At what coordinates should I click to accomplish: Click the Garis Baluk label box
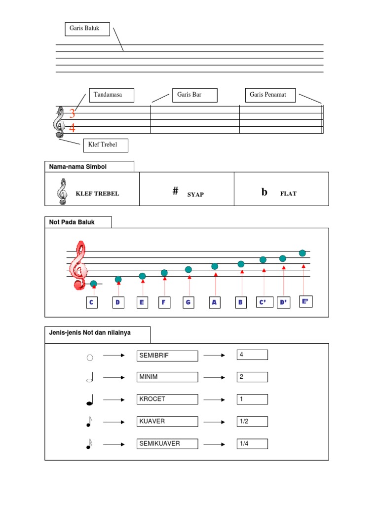click(x=87, y=29)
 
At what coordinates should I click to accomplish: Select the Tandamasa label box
click(x=112, y=95)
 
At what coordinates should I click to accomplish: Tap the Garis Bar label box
click(x=194, y=95)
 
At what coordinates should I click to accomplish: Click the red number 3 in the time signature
click(x=73, y=114)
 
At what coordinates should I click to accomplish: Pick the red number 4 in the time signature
click(x=73, y=129)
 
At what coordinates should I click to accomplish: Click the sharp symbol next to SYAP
click(x=175, y=191)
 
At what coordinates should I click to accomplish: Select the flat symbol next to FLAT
click(x=265, y=192)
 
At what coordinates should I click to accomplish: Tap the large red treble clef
click(x=78, y=265)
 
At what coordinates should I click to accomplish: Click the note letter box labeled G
click(x=188, y=302)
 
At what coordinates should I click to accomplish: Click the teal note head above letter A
click(x=215, y=266)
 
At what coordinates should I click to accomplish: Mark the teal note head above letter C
click(x=94, y=284)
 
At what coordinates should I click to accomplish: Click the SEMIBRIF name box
click(x=167, y=356)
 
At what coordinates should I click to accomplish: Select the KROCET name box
click(x=167, y=399)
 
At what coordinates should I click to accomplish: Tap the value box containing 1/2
click(x=252, y=421)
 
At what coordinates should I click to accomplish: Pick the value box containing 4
click(x=252, y=355)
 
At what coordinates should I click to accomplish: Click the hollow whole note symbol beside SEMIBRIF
click(x=90, y=358)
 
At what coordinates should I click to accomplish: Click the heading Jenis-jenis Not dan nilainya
click(x=90, y=333)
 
